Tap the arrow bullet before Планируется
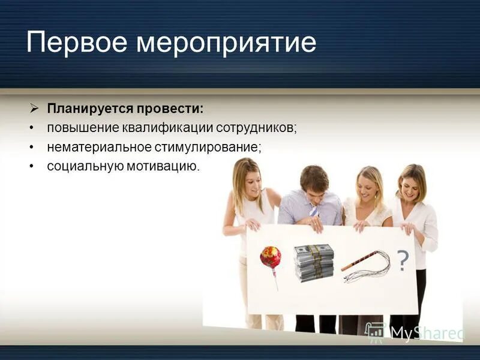[x=34, y=109]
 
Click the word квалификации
[x=162, y=128]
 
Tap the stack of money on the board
[x=314, y=262]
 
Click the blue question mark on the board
[x=403, y=260]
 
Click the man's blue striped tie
[x=314, y=211]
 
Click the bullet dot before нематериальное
[x=31, y=146]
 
